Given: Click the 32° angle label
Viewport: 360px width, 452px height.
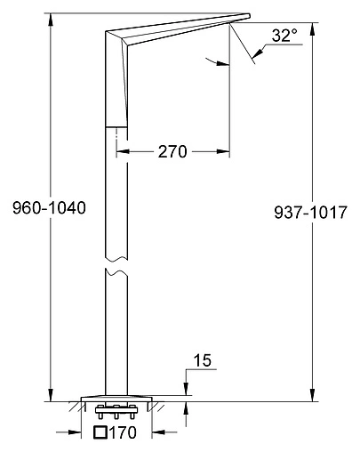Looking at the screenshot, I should pyautogui.click(x=283, y=36).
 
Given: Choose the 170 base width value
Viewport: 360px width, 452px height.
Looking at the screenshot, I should pyautogui.click(x=127, y=435).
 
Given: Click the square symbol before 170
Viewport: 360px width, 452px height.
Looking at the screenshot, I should pyautogui.click(x=101, y=435).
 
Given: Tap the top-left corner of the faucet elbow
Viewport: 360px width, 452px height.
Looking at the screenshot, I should pyautogui.click(x=106, y=32).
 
